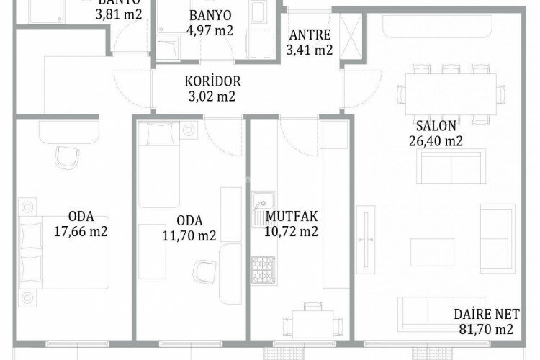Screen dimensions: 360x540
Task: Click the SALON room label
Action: [x=435, y=126]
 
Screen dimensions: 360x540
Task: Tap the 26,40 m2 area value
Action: [x=435, y=141]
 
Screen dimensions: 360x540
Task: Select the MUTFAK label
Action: [x=292, y=216]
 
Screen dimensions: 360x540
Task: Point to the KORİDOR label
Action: [x=212, y=81]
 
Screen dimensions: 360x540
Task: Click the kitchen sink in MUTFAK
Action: [x=261, y=210]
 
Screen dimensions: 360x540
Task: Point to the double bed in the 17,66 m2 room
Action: [x=65, y=251]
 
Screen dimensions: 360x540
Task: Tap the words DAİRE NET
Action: [x=486, y=314]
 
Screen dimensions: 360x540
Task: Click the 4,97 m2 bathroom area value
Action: [x=210, y=30]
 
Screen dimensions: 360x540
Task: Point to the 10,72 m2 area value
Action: [x=292, y=231]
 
